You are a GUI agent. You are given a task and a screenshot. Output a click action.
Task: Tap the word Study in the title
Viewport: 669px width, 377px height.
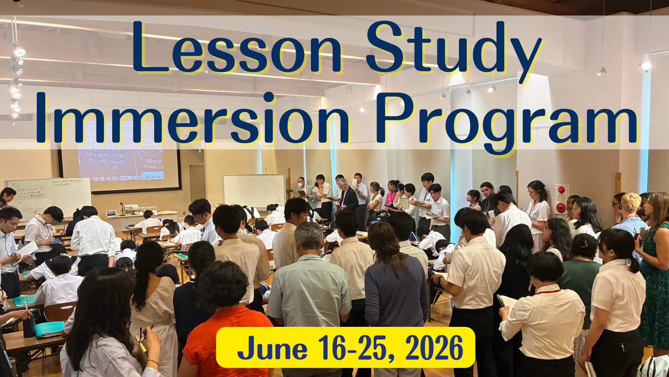(x=453, y=49)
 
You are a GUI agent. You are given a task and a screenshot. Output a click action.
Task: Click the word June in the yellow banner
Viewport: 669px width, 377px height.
(x=272, y=349)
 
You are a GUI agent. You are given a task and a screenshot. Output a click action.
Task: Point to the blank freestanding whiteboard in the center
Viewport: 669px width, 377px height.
(x=253, y=191)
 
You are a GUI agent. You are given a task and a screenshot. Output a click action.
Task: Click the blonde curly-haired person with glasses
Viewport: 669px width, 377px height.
(x=630, y=212)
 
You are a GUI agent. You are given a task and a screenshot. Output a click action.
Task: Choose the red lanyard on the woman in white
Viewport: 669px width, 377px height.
(x=549, y=291)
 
